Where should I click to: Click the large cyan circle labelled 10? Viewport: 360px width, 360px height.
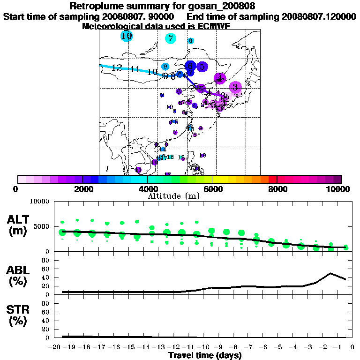pyautogui.click(x=126, y=36)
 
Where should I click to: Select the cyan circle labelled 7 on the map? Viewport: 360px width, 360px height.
pyautogui.click(x=170, y=39)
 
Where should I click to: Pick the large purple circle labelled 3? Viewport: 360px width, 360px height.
pyautogui.click(x=235, y=87)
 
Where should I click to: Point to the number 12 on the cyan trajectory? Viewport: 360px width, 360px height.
pyautogui.click(x=117, y=68)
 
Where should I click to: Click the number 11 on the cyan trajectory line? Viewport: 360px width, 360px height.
pyautogui.click(x=135, y=69)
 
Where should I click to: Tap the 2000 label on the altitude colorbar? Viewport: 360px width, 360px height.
pyautogui.click(x=82, y=189)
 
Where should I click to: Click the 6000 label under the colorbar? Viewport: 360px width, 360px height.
pyautogui.click(x=212, y=189)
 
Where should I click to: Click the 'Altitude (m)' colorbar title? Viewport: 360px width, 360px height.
pyautogui.click(x=174, y=196)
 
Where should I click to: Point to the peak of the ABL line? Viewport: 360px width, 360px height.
pyautogui.click(x=331, y=273)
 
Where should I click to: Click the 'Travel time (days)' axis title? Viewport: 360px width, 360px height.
pyautogui.click(x=205, y=355)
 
